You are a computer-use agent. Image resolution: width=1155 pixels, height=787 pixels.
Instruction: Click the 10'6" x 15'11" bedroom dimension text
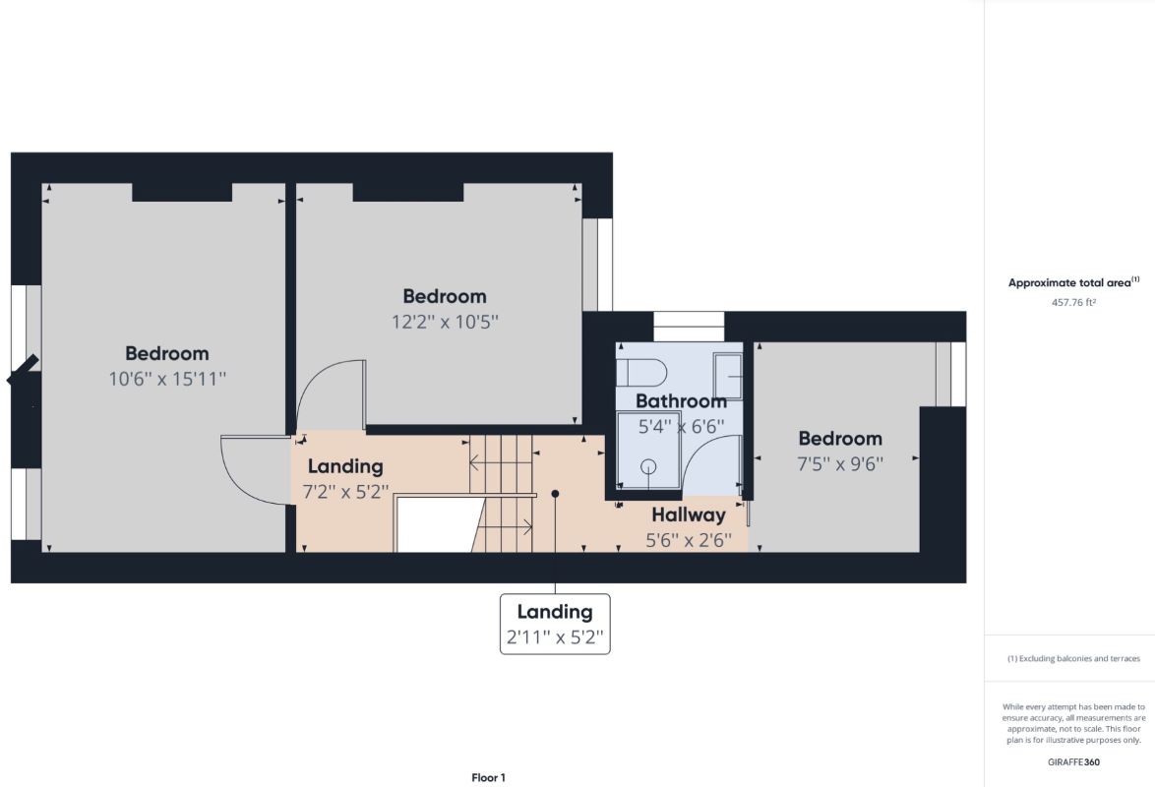pos(167,379)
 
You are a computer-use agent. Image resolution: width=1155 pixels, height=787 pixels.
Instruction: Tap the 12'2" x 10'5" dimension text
pos(445,322)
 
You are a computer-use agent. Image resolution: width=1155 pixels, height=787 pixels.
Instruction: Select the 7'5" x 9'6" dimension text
pos(840,464)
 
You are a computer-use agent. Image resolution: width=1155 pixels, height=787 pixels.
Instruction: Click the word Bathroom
pos(681,401)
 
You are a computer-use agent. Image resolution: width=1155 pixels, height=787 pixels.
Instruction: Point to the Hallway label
pos(689,515)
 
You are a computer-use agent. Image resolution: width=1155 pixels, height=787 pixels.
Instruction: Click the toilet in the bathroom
pos(641,373)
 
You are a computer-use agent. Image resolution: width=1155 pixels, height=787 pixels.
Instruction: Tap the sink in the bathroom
pos(727,376)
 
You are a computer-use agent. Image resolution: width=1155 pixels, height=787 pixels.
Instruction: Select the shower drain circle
pos(648,466)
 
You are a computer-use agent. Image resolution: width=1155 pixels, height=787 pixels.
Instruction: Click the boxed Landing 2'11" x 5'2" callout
pos(556,624)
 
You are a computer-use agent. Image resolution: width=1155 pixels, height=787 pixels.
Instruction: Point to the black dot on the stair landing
pos(556,494)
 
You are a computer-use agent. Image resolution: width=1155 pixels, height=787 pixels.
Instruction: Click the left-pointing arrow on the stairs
pos(501,462)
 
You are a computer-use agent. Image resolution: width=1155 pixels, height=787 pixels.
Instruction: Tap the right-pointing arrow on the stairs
pos(502,527)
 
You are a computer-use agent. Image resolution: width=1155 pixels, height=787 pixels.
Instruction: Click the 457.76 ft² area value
pos(1073,302)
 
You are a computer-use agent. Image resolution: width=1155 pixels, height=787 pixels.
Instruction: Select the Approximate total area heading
pos(1073,282)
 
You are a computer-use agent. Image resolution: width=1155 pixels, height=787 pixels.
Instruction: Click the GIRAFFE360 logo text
pos(1073,762)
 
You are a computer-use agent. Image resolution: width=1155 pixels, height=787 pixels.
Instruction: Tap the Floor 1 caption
pos(488,777)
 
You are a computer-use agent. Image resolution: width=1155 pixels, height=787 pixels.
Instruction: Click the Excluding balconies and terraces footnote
pos(1073,659)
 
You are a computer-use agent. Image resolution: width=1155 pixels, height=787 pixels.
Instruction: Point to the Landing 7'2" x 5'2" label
pos(345,479)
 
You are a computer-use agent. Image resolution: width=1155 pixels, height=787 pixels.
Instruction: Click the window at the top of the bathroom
pos(689,327)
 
